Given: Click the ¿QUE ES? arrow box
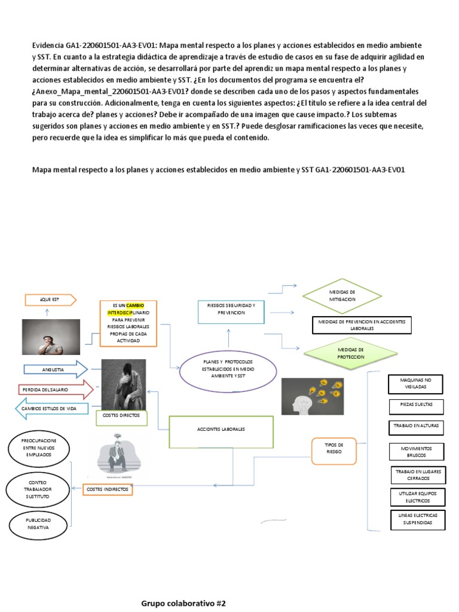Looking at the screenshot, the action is point(50,299).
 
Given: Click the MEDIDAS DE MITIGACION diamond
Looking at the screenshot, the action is point(342,295).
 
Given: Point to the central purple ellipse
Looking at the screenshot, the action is point(228,371).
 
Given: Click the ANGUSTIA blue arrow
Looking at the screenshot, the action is point(55,369).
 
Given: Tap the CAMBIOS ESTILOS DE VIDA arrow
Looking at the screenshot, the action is point(53,409).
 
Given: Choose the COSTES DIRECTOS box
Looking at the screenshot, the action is point(121,415).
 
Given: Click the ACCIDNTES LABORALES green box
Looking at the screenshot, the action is point(221,431).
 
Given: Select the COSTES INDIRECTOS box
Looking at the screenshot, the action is point(107,489).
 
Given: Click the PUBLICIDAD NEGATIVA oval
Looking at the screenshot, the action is point(37,524).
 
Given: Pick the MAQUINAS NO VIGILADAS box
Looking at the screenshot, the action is point(417,384).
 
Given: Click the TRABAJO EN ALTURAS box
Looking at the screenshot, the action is point(417,427).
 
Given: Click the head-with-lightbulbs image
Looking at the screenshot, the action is point(313,396).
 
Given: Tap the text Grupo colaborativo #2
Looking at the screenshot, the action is point(183,603).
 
